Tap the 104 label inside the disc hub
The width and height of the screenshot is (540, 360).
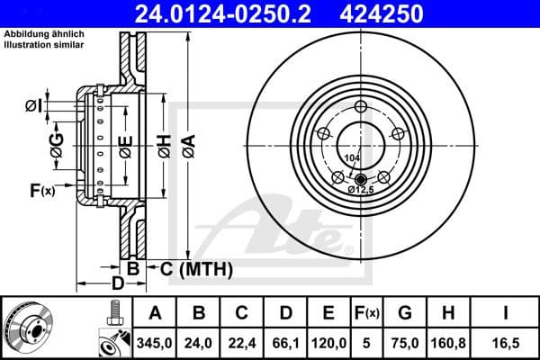(x=351, y=158)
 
